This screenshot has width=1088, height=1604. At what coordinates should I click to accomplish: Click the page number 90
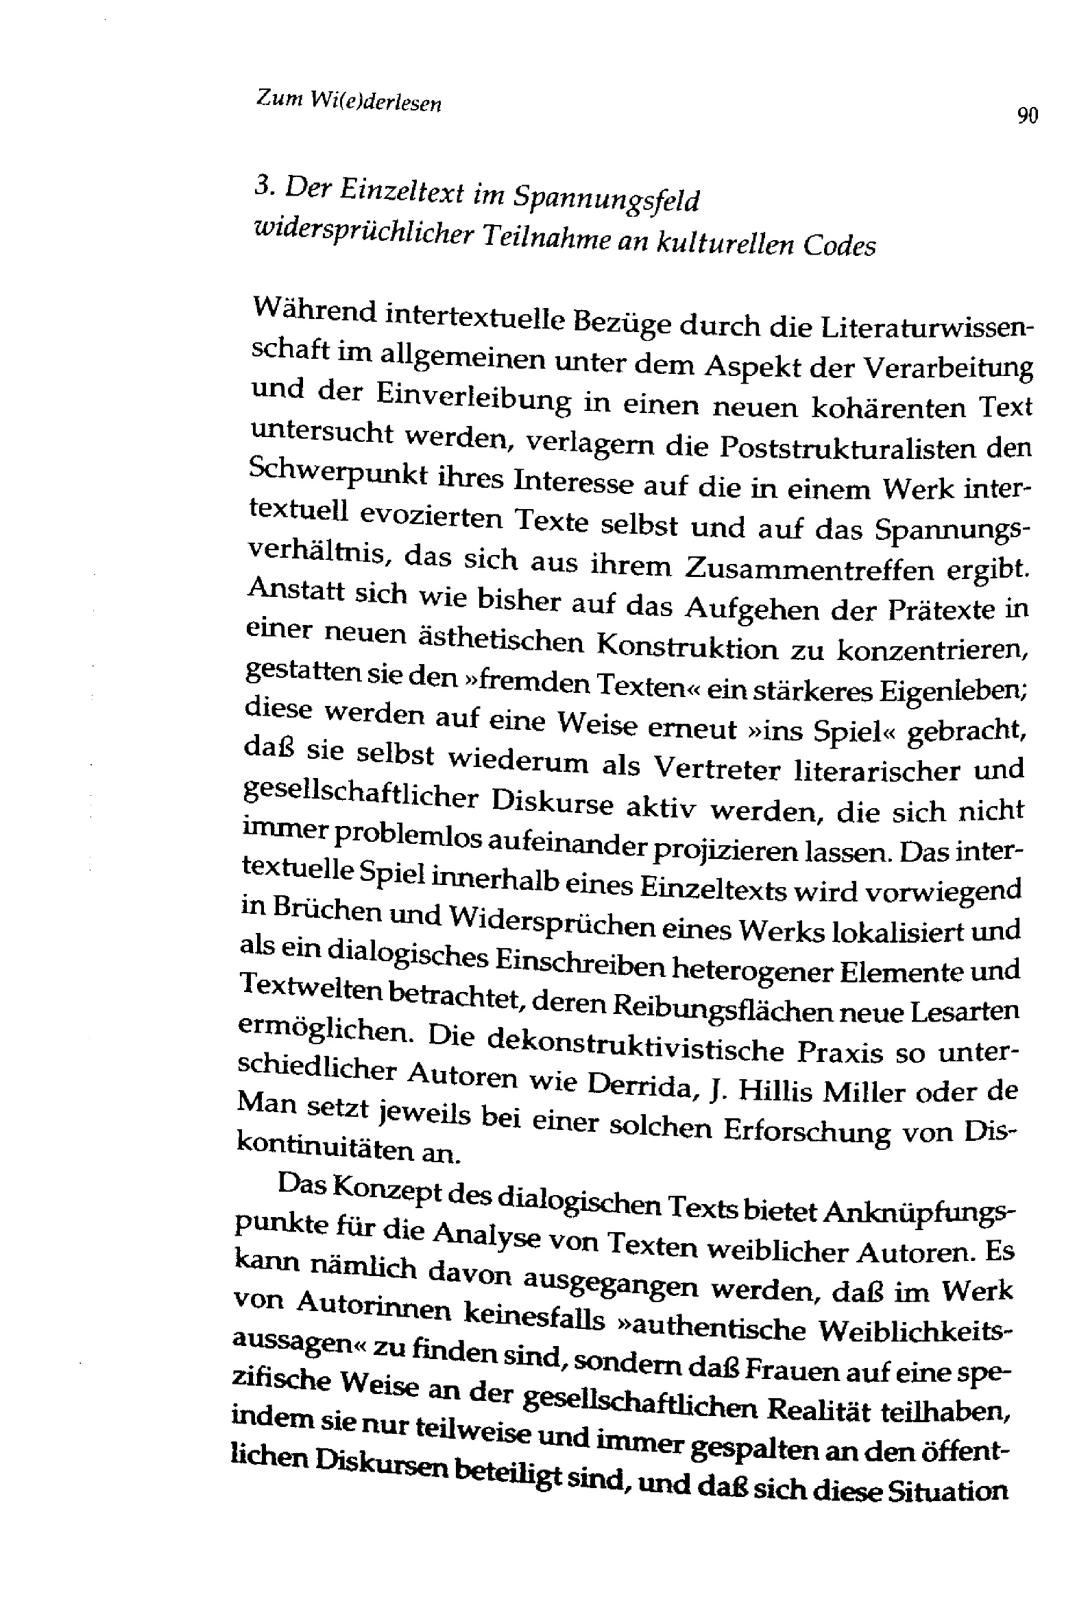pyautogui.click(x=1027, y=116)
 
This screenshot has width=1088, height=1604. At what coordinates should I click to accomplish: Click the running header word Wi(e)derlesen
pyautogui.click(x=375, y=103)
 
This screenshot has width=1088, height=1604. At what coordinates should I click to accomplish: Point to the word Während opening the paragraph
pyautogui.click(x=314, y=312)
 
